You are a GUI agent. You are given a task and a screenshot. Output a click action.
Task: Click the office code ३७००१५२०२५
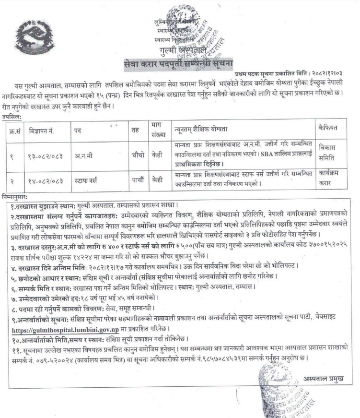tap(325, 244)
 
